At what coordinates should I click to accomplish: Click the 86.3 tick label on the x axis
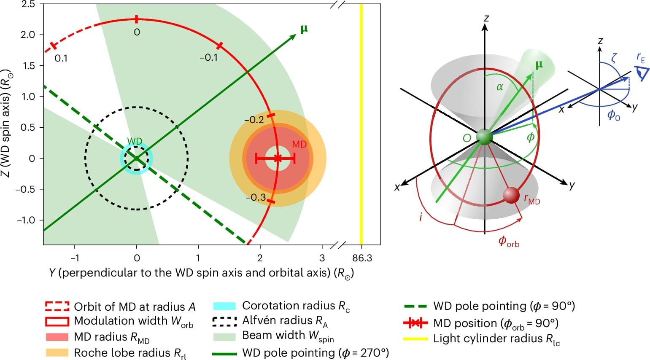click(361, 258)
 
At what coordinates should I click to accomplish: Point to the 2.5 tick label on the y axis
click(28, 4)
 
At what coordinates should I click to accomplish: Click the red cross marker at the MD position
click(277, 159)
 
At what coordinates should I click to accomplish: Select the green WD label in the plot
click(135, 142)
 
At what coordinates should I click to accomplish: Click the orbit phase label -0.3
click(256, 197)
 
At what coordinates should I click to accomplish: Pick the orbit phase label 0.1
click(61, 58)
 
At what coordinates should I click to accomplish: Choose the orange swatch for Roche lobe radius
click(57, 352)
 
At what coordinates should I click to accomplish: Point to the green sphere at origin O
click(484, 137)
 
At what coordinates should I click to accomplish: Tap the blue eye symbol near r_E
click(642, 73)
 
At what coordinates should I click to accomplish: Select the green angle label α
click(500, 87)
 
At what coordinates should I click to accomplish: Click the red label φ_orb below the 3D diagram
click(508, 241)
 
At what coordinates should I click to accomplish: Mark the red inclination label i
click(421, 217)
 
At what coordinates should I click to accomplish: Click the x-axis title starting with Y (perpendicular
click(201, 273)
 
